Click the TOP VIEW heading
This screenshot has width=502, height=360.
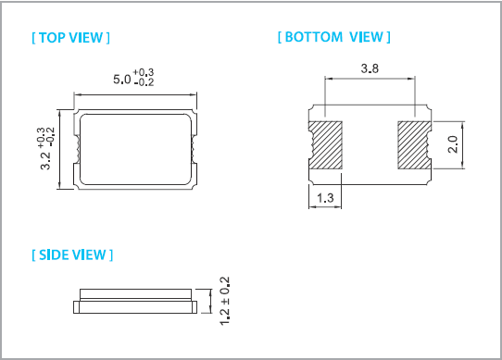tap(70, 38)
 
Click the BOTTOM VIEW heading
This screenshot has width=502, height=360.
tap(334, 37)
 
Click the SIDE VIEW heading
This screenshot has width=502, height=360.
tap(72, 255)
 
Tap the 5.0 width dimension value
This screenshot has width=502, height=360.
tap(122, 79)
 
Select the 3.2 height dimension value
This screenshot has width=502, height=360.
tap(45, 160)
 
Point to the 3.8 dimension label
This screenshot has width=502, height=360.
tap(370, 68)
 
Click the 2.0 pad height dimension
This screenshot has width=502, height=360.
tap(453, 144)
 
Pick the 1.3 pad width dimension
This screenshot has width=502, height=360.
tap(325, 198)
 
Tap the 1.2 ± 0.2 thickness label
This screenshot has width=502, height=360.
tap(225, 301)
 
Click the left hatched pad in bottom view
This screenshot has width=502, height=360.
tap(326, 145)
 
